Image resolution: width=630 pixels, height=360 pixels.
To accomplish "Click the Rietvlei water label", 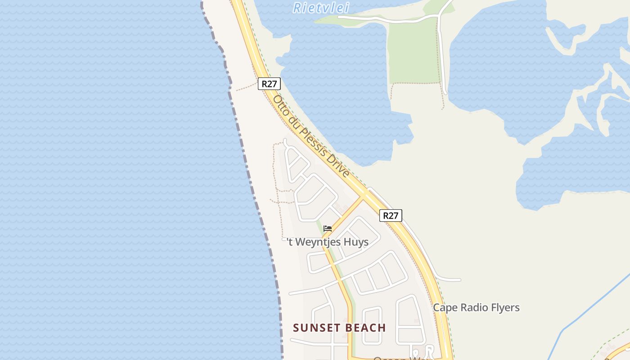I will click(x=321, y=8).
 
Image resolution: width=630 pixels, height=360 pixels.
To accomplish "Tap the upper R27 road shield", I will click(x=269, y=83).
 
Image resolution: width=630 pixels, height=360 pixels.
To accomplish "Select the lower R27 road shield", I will click(x=391, y=216).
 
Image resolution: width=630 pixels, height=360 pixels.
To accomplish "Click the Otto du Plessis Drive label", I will click(x=311, y=136).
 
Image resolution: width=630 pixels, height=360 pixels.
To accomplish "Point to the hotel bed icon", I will click(x=328, y=229).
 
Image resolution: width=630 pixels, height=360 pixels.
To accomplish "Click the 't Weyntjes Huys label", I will click(x=328, y=242).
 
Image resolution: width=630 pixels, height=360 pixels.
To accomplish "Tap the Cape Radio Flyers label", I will click(x=476, y=308).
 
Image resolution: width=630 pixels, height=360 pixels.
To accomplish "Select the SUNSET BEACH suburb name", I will click(x=339, y=328).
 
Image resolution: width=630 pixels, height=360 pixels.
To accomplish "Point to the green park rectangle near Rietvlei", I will click(x=413, y=52).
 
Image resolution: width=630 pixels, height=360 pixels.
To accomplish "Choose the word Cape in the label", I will click(x=445, y=308).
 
